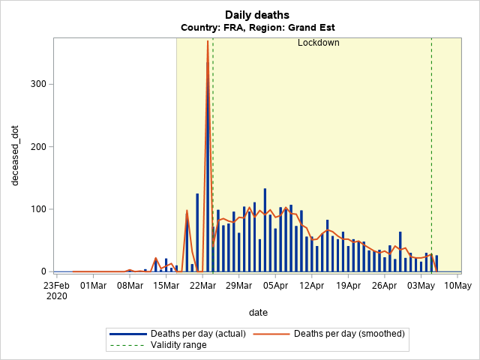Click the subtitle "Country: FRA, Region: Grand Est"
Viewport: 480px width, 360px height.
pyautogui.click(x=257, y=27)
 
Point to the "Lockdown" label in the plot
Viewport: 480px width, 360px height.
pyautogui.click(x=319, y=43)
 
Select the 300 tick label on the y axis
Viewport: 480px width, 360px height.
pyautogui.click(x=37, y=84)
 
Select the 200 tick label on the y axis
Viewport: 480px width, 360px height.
pyautogui.click(x=37, y=146)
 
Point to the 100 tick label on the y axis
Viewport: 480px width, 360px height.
pyautogui.click(x=37, y=209)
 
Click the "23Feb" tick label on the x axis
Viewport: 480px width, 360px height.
pyautogui.click(x=56, y=285)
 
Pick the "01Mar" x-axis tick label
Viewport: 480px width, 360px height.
pyautogui.click(x=93, y=285)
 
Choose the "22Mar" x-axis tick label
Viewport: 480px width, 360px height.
pyautogui.click(x=202, y=285)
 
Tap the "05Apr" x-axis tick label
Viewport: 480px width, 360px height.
pyautogui.click(x=275, y=285)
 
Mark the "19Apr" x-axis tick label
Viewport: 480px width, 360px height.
pyautogui.click(x=349, y=285)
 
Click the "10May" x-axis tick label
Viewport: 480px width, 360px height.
pyautogui.click(x=457, y=285)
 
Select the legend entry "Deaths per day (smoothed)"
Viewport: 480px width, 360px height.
pyautogui.click(x=349, y=334)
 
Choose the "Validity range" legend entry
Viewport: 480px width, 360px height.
pyautogui.click(x=181, y=345)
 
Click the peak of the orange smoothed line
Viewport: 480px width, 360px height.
pyautogui.click(x=208, y=41)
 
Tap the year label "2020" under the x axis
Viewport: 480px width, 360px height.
pyautogui.click(x=56, y=296)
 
